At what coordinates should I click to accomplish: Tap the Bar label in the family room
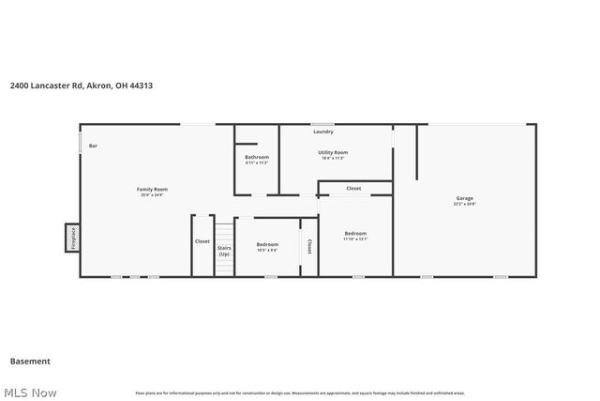click(93, 147)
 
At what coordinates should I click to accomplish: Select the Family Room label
click(152, 189)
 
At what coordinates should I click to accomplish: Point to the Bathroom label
click(257, 157)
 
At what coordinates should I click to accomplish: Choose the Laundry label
click(323, 131)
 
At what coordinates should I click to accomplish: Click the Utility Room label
click(333, 152)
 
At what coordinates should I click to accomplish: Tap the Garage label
click(465, 198)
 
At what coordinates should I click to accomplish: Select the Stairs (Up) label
click(224, 251)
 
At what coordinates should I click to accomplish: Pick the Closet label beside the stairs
click(202, 241)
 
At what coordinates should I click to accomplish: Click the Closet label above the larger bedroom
click(353, 189)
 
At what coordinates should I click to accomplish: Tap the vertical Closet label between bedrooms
click(309, 245)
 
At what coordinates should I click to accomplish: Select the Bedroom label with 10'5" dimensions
click(267, 244)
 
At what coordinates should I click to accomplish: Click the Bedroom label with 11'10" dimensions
click(355, 233)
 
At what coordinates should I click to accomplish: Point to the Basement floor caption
click(30, 361)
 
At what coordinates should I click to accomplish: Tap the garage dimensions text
click(465, 204)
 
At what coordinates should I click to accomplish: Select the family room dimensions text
click(152, 194)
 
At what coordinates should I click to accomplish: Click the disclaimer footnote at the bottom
click(300, 393)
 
